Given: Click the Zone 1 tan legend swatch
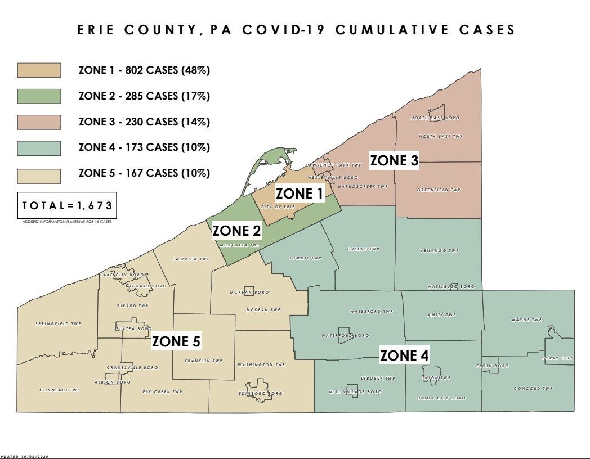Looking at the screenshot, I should (x=39, y=70).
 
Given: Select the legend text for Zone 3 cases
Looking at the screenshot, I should (x=144, y=122).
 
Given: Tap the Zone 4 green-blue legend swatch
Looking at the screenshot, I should (x=39, y=148).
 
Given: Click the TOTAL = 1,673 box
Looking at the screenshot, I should (x=67, y=206).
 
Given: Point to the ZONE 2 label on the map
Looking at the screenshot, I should (x=236, y=231).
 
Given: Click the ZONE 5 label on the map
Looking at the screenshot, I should (x=176, y=341).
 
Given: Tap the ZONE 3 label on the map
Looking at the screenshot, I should (x=394, y=161).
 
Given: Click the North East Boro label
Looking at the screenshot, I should (x=435, y=118).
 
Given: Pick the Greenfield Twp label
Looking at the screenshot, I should (x=439, y=190).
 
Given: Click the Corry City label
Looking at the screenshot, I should (x=557, y=358).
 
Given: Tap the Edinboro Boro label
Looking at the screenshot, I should (x=260, y=394).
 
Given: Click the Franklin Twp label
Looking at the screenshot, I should (x=204, y=361).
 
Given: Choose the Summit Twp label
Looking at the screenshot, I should (x=305, y=258).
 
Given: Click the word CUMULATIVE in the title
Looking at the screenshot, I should (x=388, y=30).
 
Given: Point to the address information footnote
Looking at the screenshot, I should (x=67, y=222).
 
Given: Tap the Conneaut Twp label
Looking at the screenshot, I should (x=60, y=390).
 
